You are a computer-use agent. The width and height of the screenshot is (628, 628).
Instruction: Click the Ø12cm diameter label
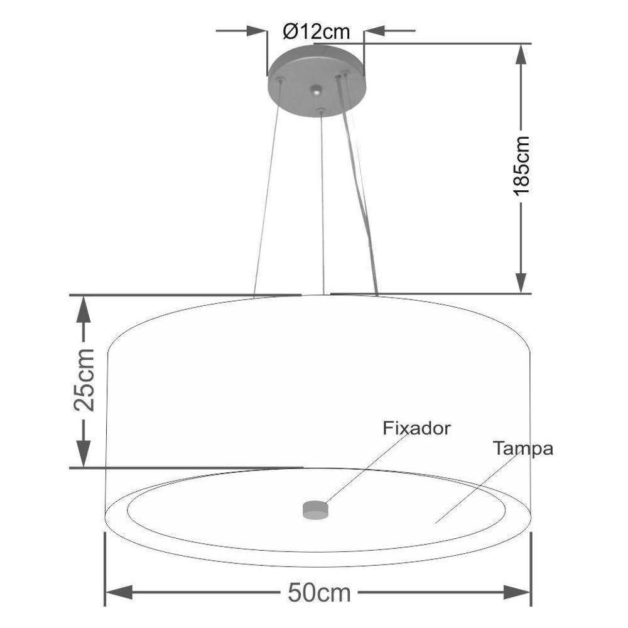click(x=316, y=30)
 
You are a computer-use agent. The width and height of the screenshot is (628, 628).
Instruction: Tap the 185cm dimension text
click(x=521, y=165)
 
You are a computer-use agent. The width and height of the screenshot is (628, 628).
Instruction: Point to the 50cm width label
click(x=319, y=592)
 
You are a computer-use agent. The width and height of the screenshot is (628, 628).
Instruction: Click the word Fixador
click(x=416, y=428)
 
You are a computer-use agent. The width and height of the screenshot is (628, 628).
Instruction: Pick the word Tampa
click(x=522, y=449)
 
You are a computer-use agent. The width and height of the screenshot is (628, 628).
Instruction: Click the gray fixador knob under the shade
click(x=315, y=509)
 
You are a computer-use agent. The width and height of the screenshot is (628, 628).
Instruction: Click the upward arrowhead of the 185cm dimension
click(x=521, y=57)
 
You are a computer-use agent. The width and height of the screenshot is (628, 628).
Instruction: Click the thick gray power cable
click(x=360, y=188)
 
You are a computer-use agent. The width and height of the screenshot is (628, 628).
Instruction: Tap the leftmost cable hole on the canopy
click(x=280, y=80)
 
